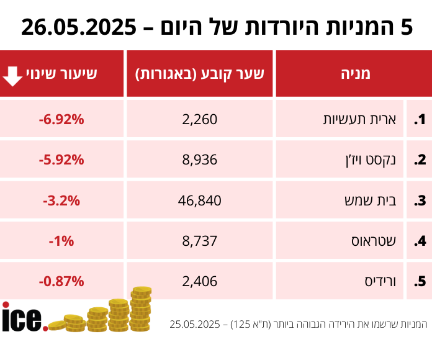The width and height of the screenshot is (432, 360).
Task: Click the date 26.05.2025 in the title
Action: (78, 27)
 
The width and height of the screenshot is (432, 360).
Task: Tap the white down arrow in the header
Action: (13, 74)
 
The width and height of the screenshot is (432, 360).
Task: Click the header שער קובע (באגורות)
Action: (200, 74)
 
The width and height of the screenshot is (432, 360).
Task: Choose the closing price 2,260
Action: (200, 119)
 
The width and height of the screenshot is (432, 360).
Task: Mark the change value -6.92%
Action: (61, 119)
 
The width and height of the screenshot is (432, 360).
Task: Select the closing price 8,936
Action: (200, 160)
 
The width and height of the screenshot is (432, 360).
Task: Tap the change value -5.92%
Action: (61, 160)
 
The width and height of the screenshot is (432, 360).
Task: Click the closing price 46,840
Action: (200, 200)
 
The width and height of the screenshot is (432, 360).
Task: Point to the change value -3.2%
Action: (61, 200)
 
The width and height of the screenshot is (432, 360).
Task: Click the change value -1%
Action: (61, 241)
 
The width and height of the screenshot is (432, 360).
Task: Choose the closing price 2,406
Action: (200, 281)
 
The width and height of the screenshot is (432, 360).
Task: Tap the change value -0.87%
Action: (61, 281)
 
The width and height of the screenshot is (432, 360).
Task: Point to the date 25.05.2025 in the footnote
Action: (197, 325)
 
